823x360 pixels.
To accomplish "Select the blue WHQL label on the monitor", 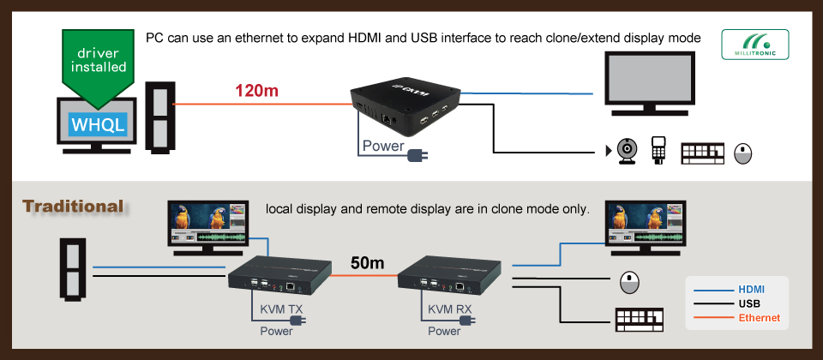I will (99, 124).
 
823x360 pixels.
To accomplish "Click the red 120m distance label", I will (256, 90).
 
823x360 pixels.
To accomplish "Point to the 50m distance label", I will (366, 262).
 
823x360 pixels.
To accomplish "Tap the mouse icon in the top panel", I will (743, 153).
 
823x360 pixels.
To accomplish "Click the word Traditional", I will (74, 207).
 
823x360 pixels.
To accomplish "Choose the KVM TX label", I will (280, 309).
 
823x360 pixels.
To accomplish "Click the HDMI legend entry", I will (750, 290).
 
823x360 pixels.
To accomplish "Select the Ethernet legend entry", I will (759, 318).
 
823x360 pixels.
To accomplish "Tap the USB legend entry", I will (748, 303).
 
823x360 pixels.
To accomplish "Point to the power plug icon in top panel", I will (418, 154).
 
